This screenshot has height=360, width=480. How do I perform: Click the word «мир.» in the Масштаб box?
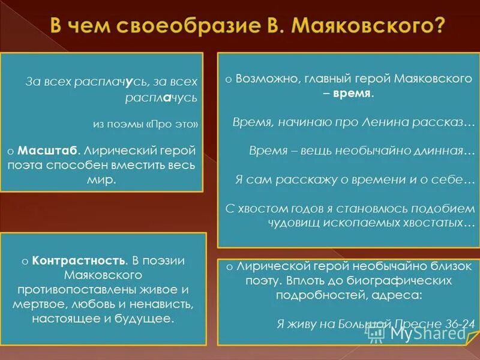[x=106, y=178]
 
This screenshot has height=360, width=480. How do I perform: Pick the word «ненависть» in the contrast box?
[x=165, y=304]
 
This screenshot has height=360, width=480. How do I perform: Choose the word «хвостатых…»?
[x=439, y=223]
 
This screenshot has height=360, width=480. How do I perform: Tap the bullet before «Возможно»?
[x=229, y=79]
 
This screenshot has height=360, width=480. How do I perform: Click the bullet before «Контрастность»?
[x=25, y=262]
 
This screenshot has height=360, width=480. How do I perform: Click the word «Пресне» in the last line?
[x=413, y=323]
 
